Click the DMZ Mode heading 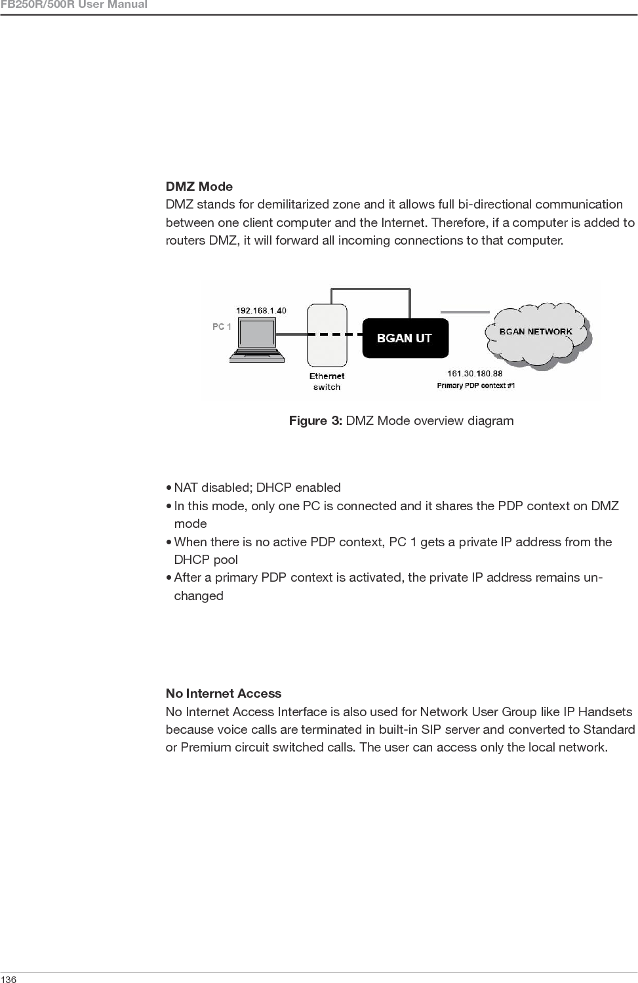pyautogui.click(x=199, y=187)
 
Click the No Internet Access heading pyautogui.click(x=223, y=694)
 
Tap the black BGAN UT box pyautogui.click(x=405, y=338)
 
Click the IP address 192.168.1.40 pyautogui.click(x=261, y=310)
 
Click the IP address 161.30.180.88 pyautogui.click(x=475, y=374)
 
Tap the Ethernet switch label pyautogui.click(x=327, y=381)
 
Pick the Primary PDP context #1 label pyautogui.click(x=476, y=386)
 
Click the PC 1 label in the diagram pyautogui.click(x=222, y=327)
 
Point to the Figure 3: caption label pyautogui.click(x=315, y=420)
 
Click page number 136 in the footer pyautogui.click(x=9, y=979)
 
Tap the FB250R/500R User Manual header pyautogui.click(x=73, y=5)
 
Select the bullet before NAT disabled pyautogui.click(x=169, y=488)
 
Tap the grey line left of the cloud pyautogui.click(x=465, y=311)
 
